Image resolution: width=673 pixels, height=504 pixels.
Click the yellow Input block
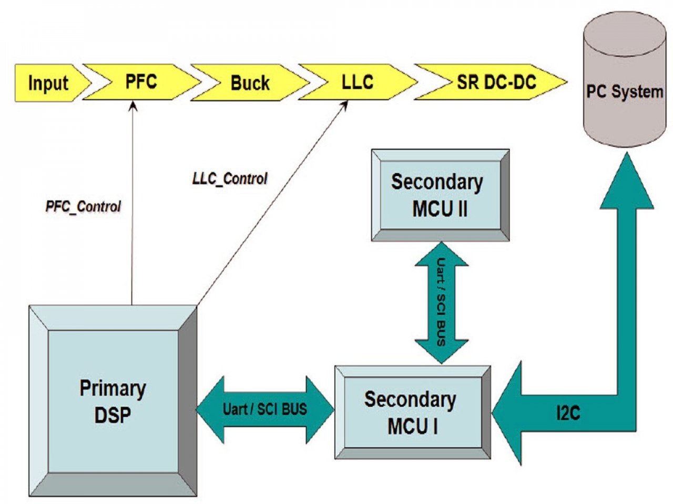49,82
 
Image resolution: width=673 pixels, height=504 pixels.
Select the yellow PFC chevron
141,82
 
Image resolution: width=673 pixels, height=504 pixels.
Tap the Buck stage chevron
250,82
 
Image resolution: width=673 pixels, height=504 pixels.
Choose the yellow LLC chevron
358,82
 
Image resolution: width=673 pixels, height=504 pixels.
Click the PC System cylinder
624,80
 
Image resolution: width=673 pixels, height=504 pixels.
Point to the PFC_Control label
83,207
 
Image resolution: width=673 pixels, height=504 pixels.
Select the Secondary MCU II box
440,195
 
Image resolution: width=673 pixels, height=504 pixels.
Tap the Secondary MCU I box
413,413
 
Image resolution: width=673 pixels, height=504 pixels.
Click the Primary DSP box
113,401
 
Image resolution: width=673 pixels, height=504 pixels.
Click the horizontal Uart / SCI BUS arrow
265,409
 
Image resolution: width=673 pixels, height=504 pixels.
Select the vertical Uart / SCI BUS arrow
442,303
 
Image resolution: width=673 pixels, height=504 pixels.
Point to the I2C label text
568,413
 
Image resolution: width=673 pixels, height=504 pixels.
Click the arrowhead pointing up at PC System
627,181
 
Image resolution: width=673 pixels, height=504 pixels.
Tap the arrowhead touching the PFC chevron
133,106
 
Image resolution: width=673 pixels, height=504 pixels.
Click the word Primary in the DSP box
113,388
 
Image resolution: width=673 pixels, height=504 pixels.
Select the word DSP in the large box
113,415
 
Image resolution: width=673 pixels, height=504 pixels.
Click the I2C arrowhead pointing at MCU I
506,413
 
